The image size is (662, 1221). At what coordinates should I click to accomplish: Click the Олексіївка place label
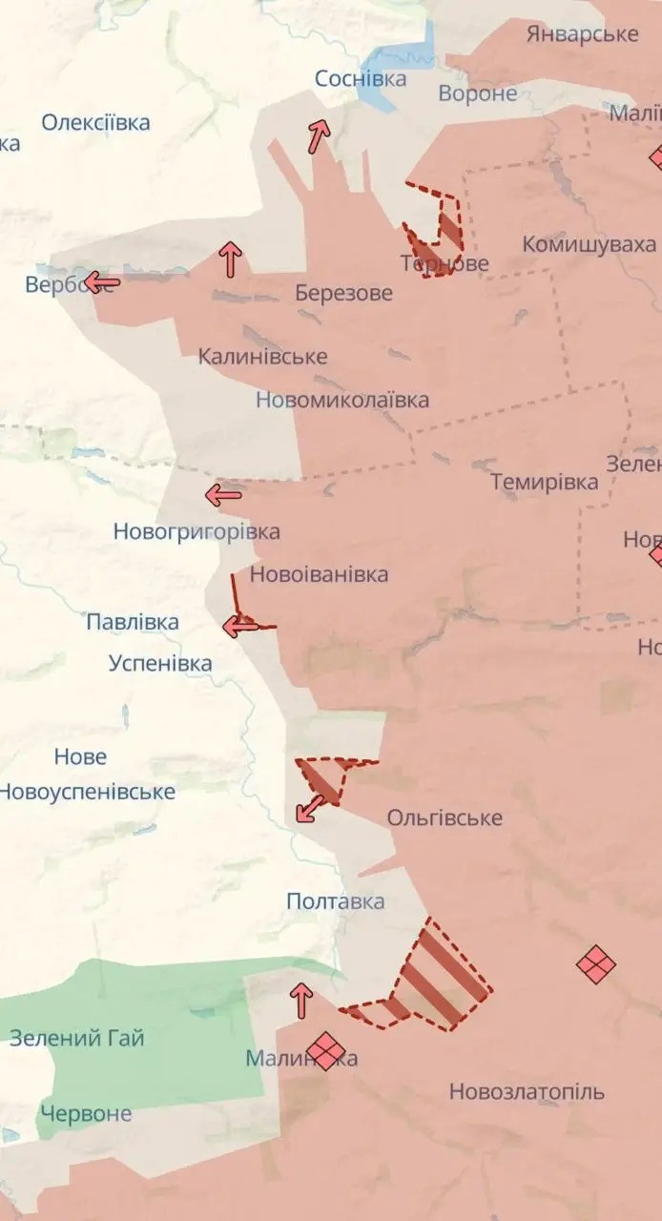pos(95,123)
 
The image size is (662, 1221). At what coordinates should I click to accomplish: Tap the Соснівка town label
pos(361,79)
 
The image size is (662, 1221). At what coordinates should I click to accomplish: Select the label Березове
pos(343,293)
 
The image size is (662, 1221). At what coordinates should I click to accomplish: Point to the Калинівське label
pos(262,357)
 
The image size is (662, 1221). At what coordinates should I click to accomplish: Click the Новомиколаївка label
pos(341,400)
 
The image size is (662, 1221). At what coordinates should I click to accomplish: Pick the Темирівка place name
pos(545,482)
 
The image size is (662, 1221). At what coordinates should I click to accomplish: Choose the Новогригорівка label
pos(197,531)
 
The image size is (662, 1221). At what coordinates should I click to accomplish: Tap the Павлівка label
pos(133,623)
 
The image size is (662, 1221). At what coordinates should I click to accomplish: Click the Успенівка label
pos(160,663)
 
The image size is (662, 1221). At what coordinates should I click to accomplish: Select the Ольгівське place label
pos(445,818)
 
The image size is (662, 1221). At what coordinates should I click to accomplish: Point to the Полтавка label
pos(336,901)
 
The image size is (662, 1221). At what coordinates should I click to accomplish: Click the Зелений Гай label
pos(77,1038)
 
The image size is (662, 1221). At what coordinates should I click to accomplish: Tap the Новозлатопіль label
pos(527,1091)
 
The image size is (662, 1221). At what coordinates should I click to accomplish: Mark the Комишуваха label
pos(589,244)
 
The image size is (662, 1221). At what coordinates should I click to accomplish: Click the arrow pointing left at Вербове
pos(101,282)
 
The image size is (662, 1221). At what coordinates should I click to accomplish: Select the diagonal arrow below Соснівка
pos(318,136)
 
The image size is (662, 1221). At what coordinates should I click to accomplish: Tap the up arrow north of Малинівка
pos(301,1001)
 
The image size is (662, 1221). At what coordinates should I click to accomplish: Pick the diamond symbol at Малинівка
pos(325,1052)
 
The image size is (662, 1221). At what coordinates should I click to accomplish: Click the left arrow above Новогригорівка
pos(224,494)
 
